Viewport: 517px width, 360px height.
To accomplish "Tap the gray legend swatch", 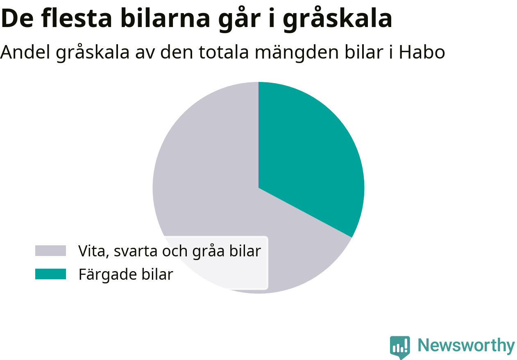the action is tap(50, 251).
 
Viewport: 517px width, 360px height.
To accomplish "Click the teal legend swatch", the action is tap(50, 274).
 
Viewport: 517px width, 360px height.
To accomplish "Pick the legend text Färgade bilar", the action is tap(126, 275).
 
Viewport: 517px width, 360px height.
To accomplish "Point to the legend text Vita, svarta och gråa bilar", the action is tap(170, 251).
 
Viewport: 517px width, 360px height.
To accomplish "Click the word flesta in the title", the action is tap(77, 18).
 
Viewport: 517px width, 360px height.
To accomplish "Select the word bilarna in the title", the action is tap(165, 18).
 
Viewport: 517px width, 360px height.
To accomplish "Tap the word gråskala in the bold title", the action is tap(338, 20).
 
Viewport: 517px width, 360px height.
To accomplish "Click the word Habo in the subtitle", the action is tap(422, 52).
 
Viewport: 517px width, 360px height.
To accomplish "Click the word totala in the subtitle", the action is tap(224, 52).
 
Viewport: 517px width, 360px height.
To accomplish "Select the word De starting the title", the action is tap(17, 18).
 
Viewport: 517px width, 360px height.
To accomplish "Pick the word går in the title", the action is tap(239, 20).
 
